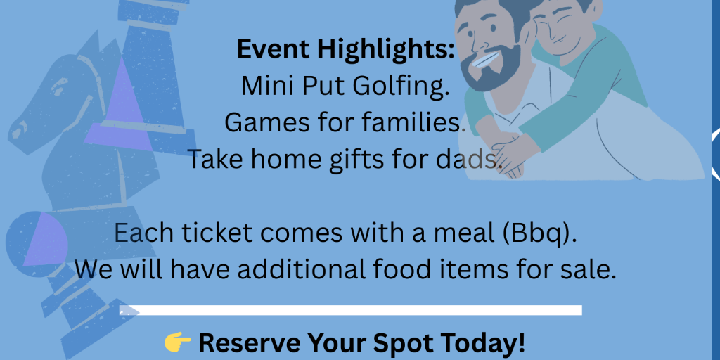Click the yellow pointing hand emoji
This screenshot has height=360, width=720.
(178, 342)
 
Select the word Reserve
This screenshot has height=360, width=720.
(250, 342)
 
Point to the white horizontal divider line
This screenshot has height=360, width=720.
(351, 310)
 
